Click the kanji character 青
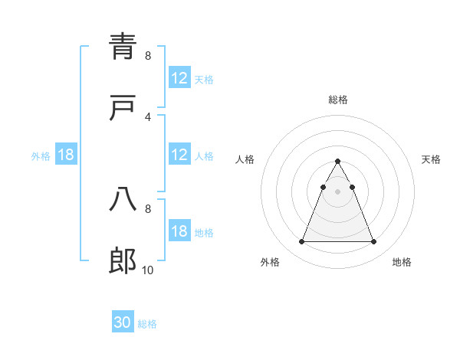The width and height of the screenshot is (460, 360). [123, 47]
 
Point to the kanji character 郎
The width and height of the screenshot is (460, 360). [123, 261]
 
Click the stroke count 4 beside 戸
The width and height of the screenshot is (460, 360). [148, 116]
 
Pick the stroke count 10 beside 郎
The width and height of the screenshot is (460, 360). [148, 270]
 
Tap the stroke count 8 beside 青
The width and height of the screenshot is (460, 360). [148, 55]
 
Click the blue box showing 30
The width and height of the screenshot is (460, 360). [123, 322]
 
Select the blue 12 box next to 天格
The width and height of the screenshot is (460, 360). [179, 78]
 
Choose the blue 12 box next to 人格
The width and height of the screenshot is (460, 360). [179, 155]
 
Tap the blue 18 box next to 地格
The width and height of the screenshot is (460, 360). [179, 231]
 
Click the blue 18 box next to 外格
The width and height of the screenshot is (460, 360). [66, 155]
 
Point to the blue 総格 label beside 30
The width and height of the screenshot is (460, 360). [147, 324]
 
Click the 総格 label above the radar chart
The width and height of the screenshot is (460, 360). [338, 100]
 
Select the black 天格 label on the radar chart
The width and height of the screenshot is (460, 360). [432, 159]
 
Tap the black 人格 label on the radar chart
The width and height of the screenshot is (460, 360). [246, 159]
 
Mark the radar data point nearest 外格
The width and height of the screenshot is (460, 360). [301, 242]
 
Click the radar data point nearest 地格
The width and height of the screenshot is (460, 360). [374, 242]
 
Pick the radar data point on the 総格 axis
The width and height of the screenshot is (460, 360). [338, 161]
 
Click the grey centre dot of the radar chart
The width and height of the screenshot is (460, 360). [338, 192]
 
